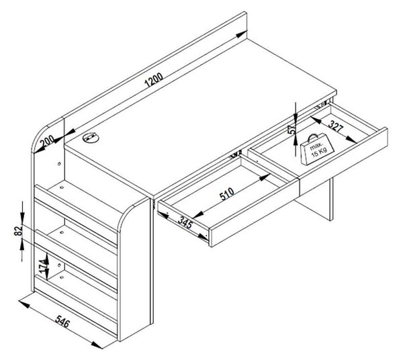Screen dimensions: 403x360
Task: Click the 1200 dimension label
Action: pyautogui.click(x=154, y=80)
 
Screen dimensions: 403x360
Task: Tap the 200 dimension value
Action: pyautogui.click(x=47, y=142)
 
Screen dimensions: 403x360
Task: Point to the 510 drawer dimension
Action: pyautogui.click(x=227, y=193)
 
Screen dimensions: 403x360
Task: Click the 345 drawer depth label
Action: pyautogui.click(x=185, y=222)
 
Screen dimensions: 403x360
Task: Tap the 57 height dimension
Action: pyautogui.click(x=292, y=129)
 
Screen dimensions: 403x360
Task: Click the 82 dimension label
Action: pyautogui.click(x=17, y=231)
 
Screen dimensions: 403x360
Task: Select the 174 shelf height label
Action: pyautogui.click(x=44, y=266)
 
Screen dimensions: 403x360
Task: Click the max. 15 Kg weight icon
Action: pyautogui.click(x=317, y=149)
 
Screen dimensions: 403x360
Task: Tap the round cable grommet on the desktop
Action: pyautogui.click(x=91, y=138)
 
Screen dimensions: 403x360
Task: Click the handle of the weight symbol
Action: pyautogui.click(x=313, y=137)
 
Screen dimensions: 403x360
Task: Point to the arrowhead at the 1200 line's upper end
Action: pyautogui.click(x=241, y=34)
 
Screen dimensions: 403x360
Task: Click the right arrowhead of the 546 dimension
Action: pyautogui.click(x=97, y=345)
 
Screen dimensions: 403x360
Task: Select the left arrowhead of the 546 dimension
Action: pyautogui.click(x=24, y=304)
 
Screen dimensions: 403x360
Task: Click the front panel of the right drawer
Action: pyautogui.click(x=344, y=161)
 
